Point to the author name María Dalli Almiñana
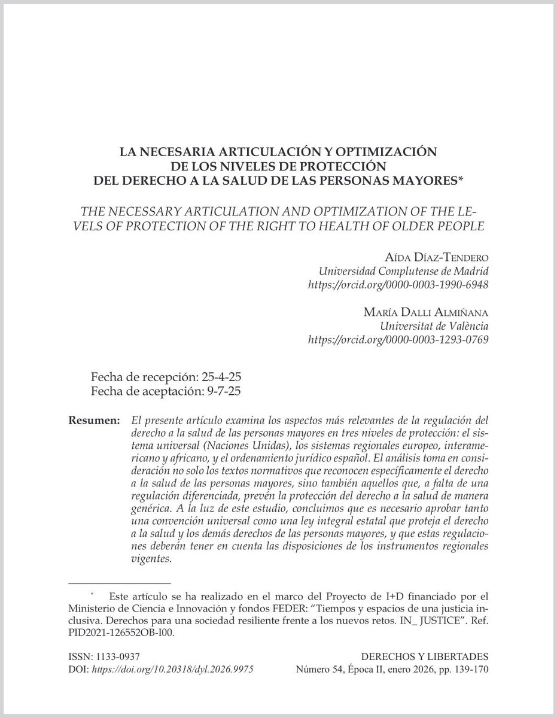426,313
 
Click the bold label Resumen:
94,421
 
